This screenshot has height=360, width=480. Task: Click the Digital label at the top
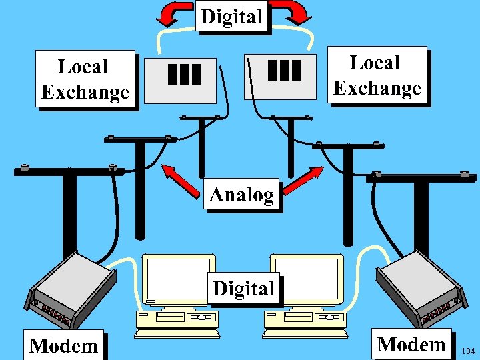tap(232, 17)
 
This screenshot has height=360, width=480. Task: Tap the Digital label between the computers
tap(243, 289)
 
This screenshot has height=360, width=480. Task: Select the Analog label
tap(241, 195)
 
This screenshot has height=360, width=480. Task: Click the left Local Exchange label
tap(85, 79)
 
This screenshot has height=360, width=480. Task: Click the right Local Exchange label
tap(377, 75)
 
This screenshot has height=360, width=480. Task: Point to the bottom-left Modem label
tap(63, 345)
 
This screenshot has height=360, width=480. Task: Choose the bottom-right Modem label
tap(411, 344)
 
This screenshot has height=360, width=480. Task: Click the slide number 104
tap(468, 351)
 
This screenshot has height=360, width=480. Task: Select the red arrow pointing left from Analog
tap(181, 179)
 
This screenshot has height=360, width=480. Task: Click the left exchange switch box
tap(181, 79)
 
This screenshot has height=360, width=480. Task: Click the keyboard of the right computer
tap(305, 331)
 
